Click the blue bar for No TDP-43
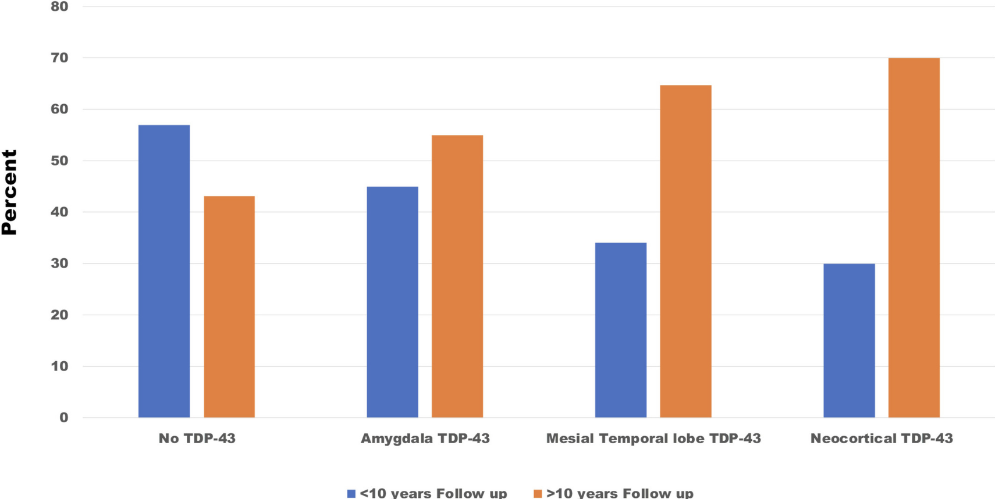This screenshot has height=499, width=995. click(x=164, y=271)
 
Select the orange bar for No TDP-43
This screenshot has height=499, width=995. click(x=229, y=306)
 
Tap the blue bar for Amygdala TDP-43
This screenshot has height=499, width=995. click(x=392, y=302)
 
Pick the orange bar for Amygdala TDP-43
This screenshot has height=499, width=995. click(x=457, y=276)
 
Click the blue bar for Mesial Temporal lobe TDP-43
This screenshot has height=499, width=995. click(x=621, y=330)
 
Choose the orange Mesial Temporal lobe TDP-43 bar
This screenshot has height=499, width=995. click(x=685, y=251)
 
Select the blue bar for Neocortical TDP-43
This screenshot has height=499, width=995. click(x=849, y=340)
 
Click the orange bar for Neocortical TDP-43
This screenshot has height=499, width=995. click(x=914, y=237)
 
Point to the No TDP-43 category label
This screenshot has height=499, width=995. click(x=197, y=439)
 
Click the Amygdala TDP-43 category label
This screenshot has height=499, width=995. click(x=425, y=439)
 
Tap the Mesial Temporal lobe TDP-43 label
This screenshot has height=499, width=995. click(x=653, y=439)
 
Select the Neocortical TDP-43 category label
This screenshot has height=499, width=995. click(x=882, y=439)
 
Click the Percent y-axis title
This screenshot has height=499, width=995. click(x=9, y=193)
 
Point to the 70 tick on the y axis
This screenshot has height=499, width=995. click(x=59, y=58)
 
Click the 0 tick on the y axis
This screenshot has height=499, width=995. click(x=63, y=418)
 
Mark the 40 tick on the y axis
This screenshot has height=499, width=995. click(x=59, y=212)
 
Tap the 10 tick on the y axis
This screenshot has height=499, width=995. click(x=59, y=366)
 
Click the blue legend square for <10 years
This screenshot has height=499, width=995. click(x=351, y=494)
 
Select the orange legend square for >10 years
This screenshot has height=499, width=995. click(x=538, y=494)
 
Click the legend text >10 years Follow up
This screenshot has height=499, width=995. click(x=620, y=494)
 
